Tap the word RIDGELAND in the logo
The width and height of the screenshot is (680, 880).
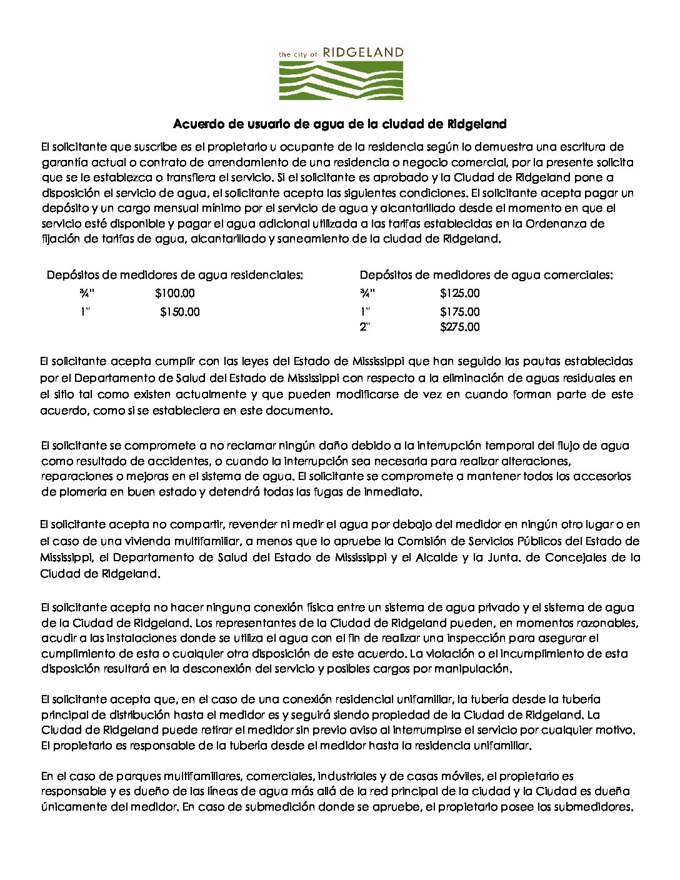point(364,53)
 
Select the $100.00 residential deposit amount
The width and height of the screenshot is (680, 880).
point(175,293)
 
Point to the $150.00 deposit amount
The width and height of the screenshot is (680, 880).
point(180,312)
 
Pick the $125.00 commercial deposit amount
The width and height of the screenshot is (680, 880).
point(460,293)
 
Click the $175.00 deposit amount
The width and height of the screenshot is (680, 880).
point(460,312)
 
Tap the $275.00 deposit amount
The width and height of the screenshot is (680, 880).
point(460,327)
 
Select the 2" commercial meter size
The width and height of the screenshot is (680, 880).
point(365,327)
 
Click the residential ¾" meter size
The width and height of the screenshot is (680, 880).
point(87,293)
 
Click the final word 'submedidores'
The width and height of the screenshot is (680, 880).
point(592,807)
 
